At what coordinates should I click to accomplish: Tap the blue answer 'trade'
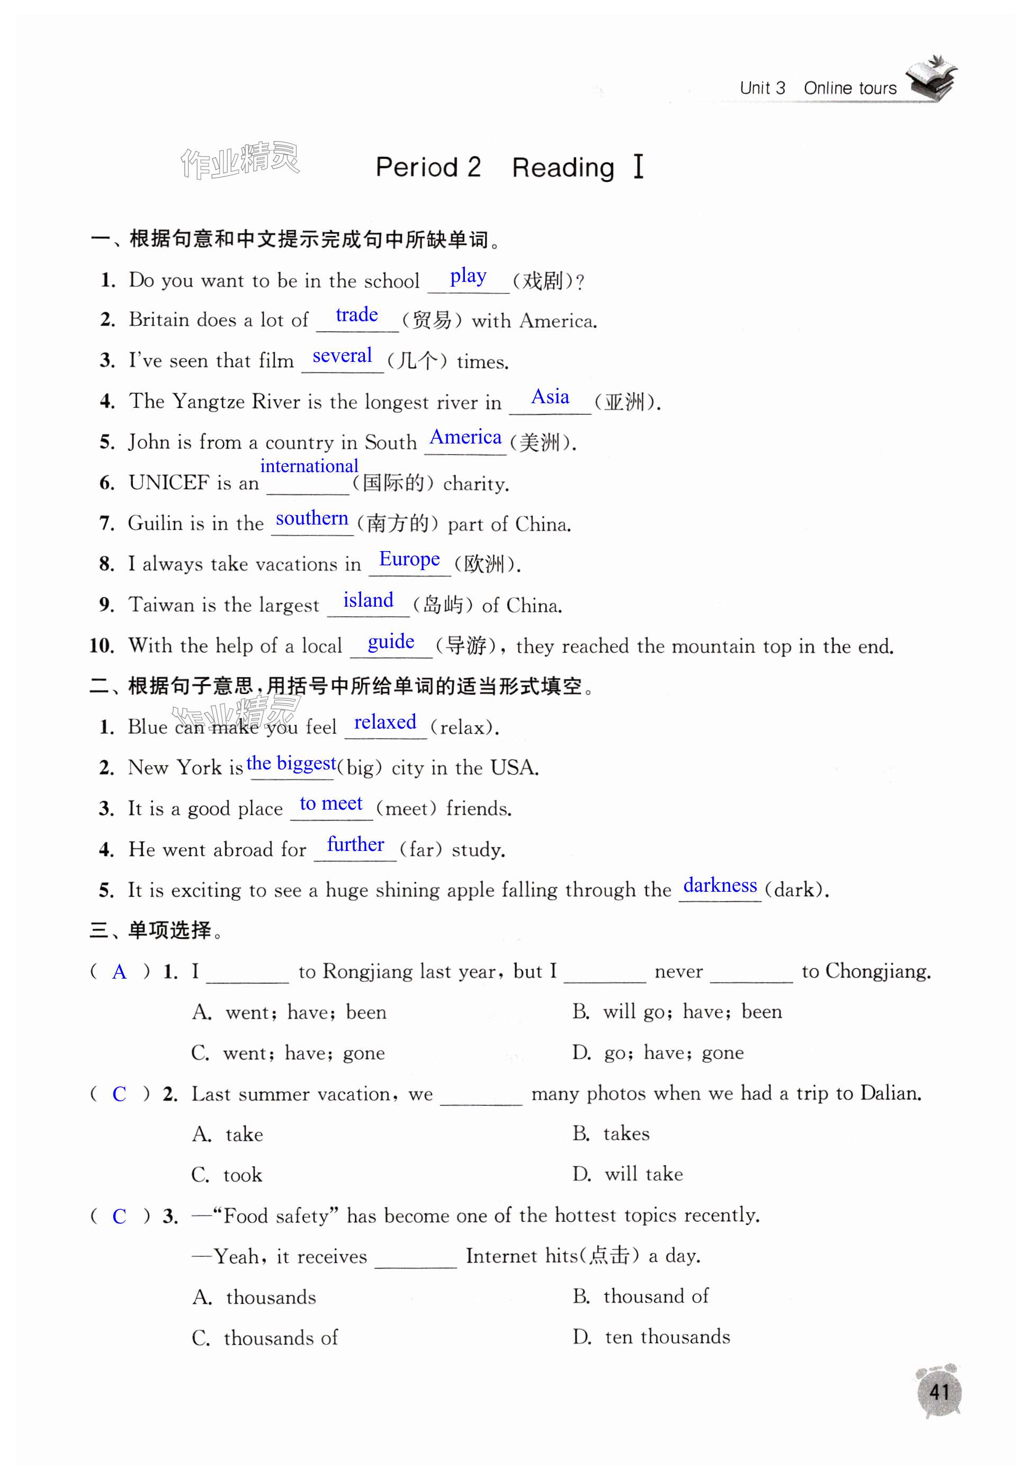(356, 315)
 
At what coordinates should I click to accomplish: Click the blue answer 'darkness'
(720, 885)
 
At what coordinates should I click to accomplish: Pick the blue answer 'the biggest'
(291, 764)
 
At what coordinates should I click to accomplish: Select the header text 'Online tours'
(850, 88)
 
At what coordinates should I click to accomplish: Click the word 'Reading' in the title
(562, 168)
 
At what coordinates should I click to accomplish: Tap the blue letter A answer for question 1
(119, 972)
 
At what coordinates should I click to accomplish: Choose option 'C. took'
(227, 1175)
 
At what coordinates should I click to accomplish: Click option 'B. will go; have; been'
(677, 1011)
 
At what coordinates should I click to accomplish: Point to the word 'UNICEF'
(169, 483)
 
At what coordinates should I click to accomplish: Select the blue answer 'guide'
(390, 642)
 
